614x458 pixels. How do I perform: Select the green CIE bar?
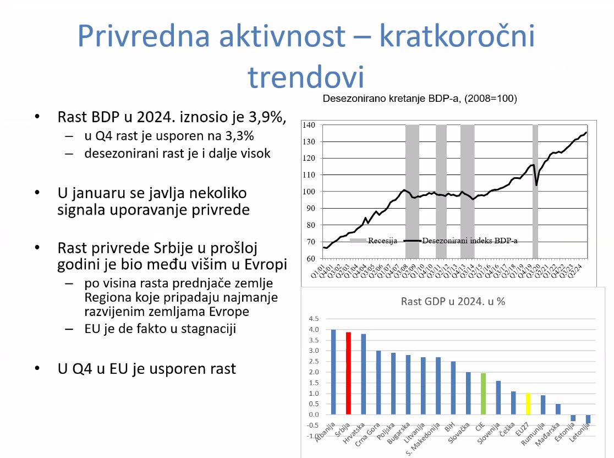click(483, 394)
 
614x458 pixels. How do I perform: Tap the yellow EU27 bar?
click(528, 404)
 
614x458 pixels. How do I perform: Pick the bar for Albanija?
click(333, 372)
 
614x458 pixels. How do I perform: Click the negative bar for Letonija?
click(588, 419)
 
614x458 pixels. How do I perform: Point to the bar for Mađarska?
click(558, 409)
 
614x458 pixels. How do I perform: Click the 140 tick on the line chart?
click(309, 126)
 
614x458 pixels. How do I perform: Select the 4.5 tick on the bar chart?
click(314, 319)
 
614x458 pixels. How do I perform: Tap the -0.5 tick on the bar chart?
click(313, 425)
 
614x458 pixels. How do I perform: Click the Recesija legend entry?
click(374, 241)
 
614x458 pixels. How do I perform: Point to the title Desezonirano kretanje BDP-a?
click(420, 99)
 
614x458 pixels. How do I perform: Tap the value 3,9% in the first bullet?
click(265, 117)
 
